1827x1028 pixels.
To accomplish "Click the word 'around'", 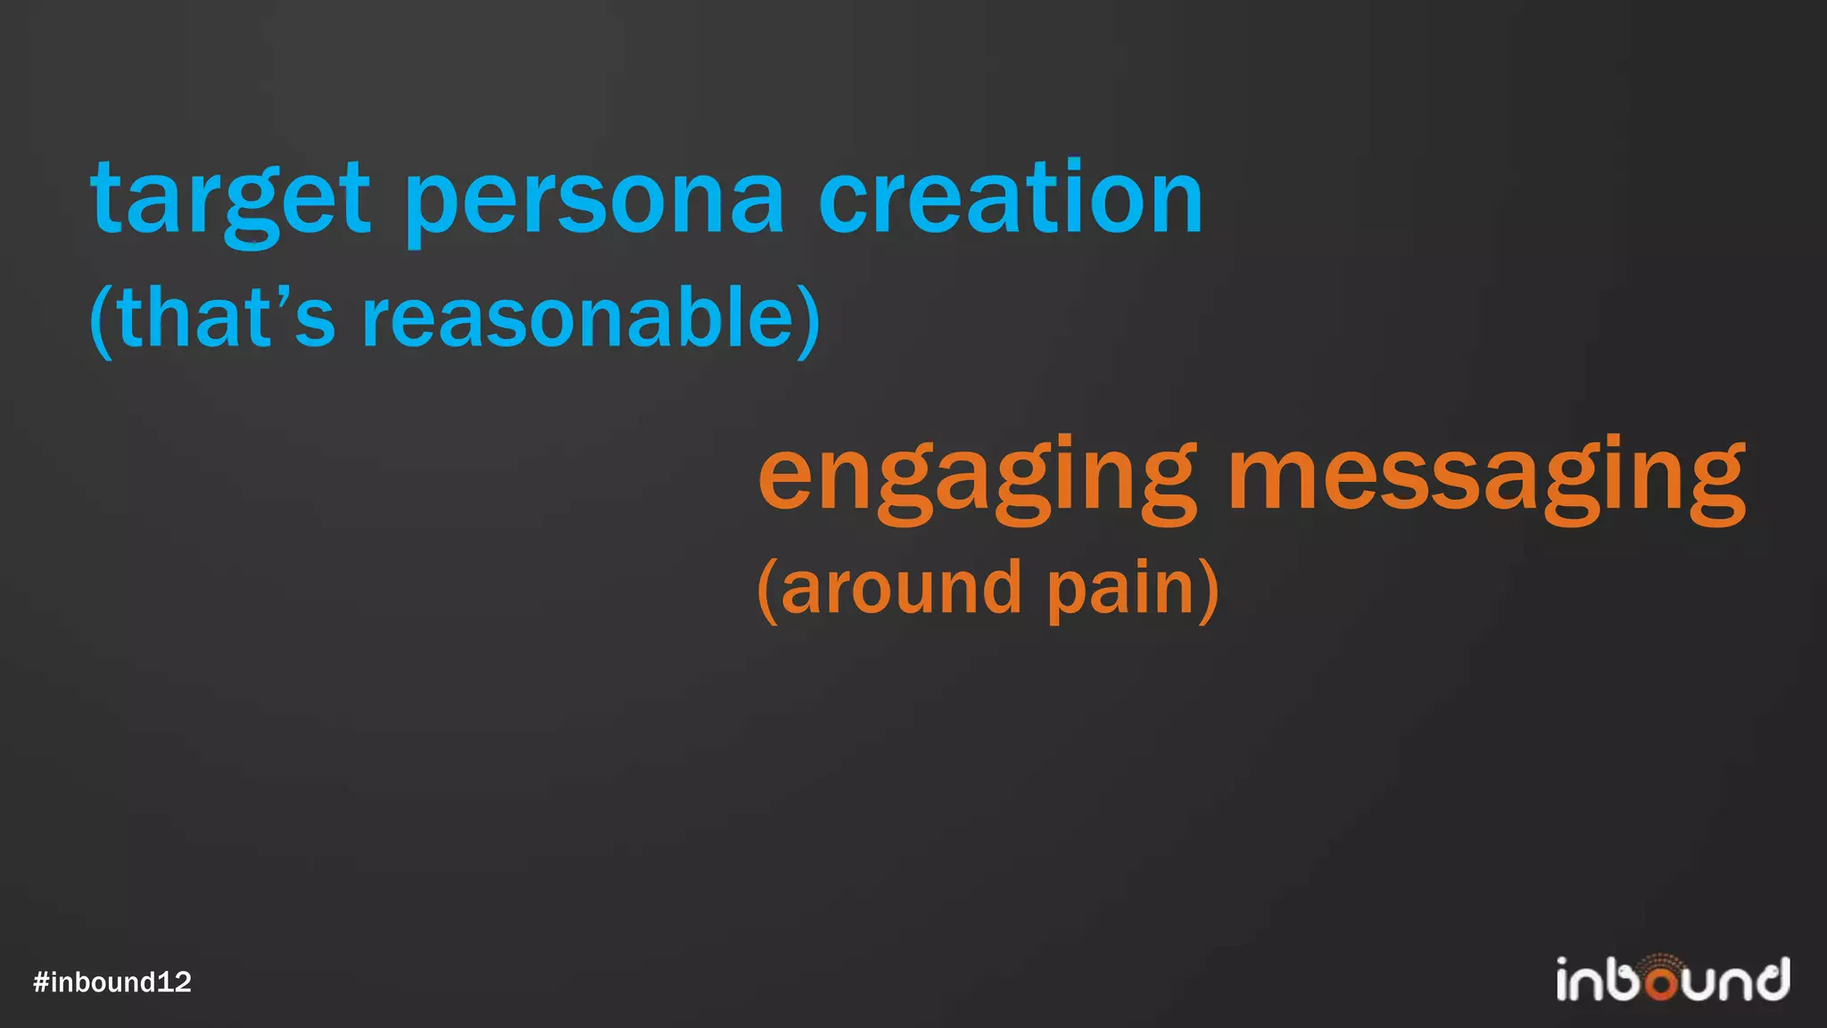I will point(900,588).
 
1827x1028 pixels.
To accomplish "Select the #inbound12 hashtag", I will point(112,982).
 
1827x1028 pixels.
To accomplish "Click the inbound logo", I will point(1673,979).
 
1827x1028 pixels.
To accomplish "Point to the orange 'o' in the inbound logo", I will point(1662,983).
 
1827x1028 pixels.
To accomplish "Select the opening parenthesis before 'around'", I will point(767,590).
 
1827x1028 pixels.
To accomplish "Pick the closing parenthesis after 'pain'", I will point(1209,590).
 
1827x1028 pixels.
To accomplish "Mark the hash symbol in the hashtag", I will point(41,982).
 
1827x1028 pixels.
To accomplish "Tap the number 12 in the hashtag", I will point(174,982).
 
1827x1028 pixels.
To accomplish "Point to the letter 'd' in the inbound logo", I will point(1771,979).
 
